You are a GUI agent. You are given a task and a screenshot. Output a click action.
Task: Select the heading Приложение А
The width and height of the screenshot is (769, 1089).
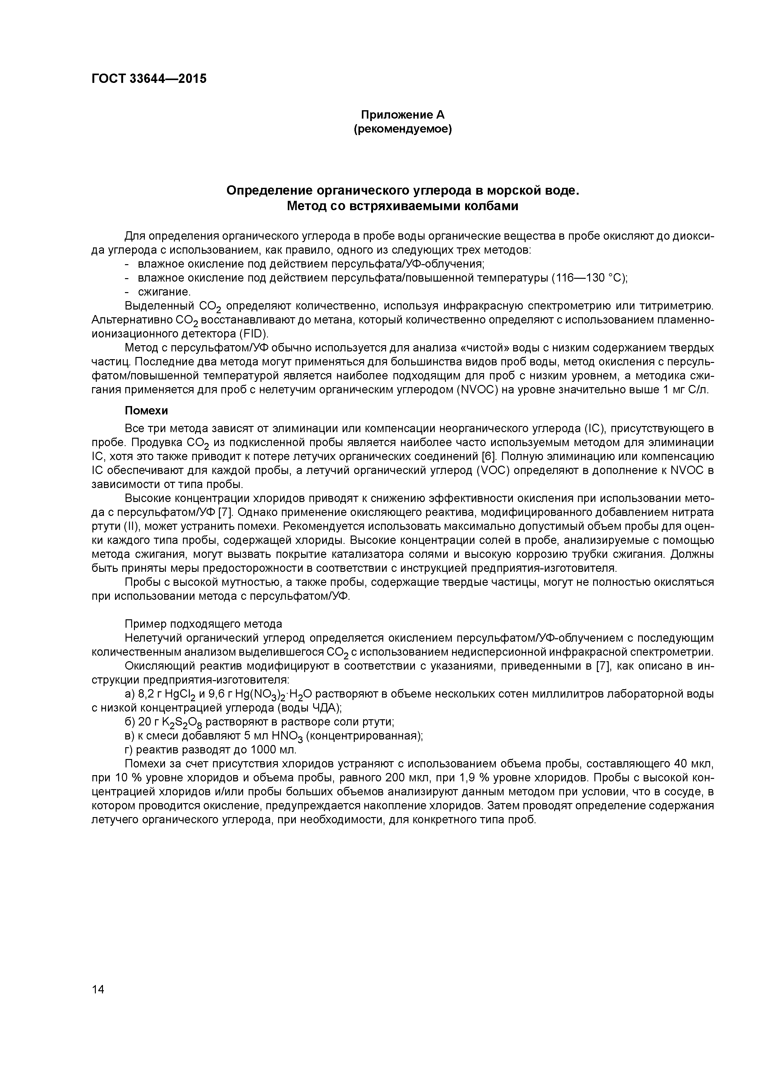point(403,115)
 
